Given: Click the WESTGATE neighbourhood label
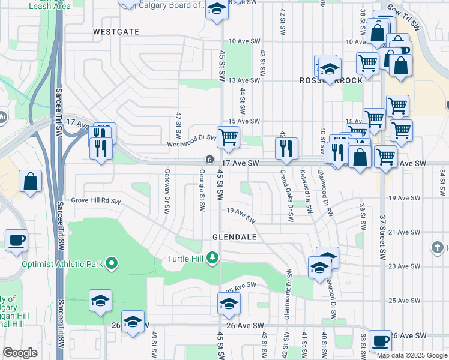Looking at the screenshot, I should pos(116,31).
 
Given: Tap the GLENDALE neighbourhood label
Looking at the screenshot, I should pos(234,237).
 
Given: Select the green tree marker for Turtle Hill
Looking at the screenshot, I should pos(211,258).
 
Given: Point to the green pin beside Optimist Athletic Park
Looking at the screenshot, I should pos(111,263).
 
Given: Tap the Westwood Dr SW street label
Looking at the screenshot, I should pos(192,138).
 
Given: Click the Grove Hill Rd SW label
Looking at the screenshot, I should pos(96,200).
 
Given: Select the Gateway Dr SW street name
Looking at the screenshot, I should pos(166,191).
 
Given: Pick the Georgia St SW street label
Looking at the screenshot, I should pos(202,190).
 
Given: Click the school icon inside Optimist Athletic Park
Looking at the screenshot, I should pos(101,301).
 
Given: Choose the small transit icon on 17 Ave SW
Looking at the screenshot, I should pos(209,160).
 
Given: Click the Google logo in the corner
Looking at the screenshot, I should pos(20,353).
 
